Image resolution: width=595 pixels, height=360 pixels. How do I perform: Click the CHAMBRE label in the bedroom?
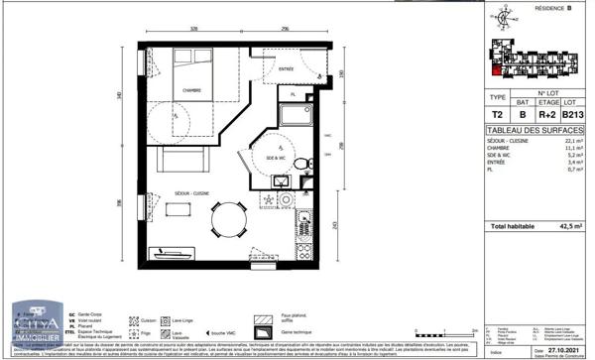pos(191,90)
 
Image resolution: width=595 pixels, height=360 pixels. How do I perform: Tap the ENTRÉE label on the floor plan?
pos(287,70)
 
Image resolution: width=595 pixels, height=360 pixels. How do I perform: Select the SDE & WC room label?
pos(277,159)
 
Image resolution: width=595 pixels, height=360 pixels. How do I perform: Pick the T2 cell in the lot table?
pos(497,114)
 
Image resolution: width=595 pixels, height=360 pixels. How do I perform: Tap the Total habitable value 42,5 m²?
pos(568,226)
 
